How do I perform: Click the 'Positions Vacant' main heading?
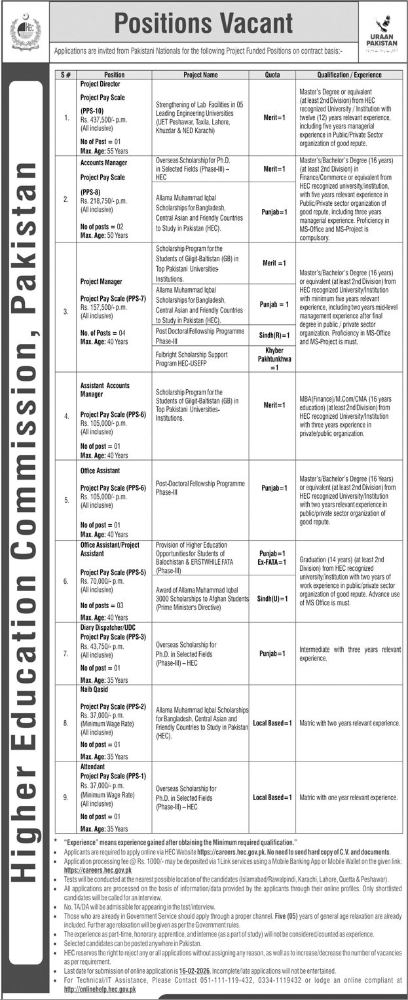tap(204, 24)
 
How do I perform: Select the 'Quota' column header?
tap(272, 75)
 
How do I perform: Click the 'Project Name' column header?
tap(200, 75)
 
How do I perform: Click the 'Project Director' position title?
tap(102, 85)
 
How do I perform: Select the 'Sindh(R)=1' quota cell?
tap(272, 334)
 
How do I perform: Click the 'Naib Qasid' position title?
tap(94, 690)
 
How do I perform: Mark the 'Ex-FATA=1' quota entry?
tap(272, 563)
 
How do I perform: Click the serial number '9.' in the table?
tap(65, 798)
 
